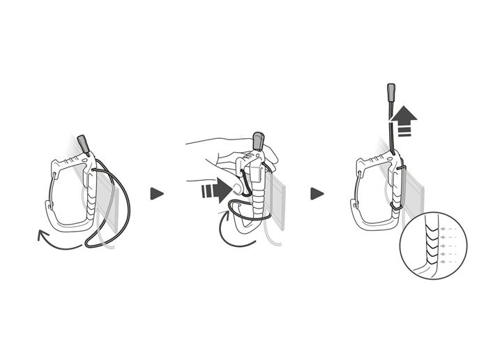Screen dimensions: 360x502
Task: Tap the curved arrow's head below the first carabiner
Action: pos(40,237)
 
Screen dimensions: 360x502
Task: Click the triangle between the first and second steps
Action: pos(157,193)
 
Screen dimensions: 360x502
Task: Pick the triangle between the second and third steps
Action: pos(317,193)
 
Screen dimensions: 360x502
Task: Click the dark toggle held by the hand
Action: pos(259,140)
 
